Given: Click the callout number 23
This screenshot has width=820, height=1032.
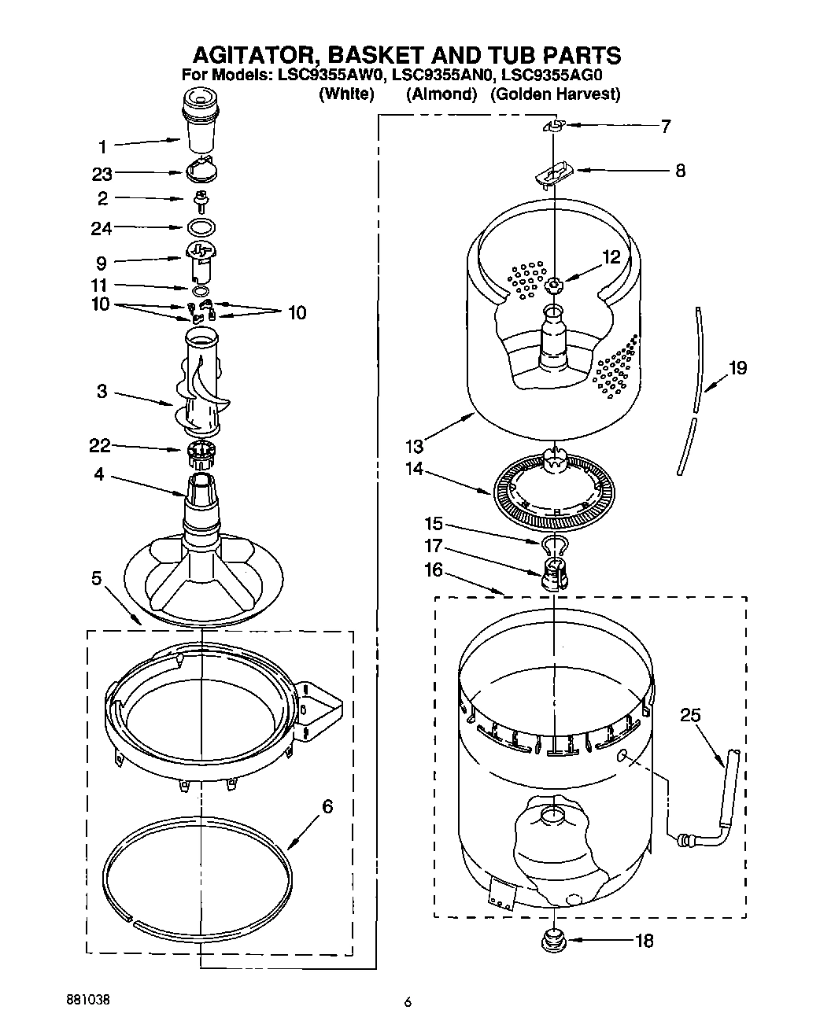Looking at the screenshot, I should [102, 175].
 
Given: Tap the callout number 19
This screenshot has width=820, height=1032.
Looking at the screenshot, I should [737, 367].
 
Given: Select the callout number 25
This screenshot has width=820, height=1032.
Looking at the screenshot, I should [690, 715].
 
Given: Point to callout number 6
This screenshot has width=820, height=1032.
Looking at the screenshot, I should [327, 806].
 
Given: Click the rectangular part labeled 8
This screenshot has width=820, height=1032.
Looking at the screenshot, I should [555, 171].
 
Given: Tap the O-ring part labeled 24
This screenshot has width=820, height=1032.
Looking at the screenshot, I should [201, 228].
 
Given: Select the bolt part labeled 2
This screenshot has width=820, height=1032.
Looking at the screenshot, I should [201, 200].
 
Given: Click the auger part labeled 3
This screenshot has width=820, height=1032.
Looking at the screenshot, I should [201, 385].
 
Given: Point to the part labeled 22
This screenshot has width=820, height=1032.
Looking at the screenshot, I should [201, 452].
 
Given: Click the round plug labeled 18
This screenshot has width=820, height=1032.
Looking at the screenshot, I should [555, 938].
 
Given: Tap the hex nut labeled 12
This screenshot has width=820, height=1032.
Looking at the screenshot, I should [554, 285].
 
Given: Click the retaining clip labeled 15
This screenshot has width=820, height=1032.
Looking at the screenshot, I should [555, 544].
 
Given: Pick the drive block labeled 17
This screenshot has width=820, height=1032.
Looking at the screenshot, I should [555, 573].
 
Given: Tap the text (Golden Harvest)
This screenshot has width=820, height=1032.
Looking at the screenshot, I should [555, 94].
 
